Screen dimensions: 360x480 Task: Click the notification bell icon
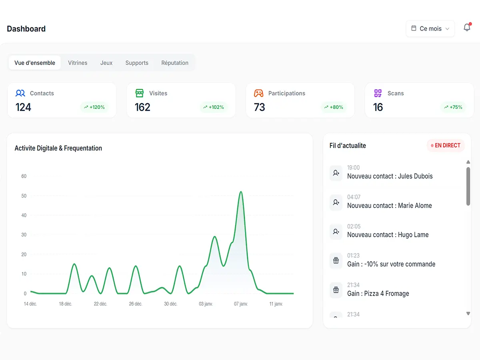pos(467,28)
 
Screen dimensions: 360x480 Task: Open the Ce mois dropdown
pos(430,29)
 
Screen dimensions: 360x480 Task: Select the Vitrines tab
pos(78,63)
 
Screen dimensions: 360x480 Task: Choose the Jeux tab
pos(106,63)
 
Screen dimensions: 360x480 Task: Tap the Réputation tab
pos(175,63)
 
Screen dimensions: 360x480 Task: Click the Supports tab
pos(137,63)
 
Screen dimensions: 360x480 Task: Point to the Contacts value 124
pos(23,107)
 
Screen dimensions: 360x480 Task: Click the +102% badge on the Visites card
pos(214,107)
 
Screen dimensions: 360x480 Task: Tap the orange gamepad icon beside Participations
pos(259,93)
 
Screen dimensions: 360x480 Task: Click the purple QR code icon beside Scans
pos(378,93)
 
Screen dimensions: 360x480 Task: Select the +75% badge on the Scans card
pos(453,107)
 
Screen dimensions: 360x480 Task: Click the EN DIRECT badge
pos(446,146)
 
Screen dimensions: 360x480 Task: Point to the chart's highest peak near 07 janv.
pos(241,192)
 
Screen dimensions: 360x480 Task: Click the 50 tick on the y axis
pos(24,196)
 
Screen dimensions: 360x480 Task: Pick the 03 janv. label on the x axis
pos(206,304)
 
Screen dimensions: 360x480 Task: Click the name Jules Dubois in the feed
pos(415,176)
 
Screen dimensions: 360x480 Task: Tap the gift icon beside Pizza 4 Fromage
pos(336,290)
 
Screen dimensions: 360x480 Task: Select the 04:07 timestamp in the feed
pos(354,197)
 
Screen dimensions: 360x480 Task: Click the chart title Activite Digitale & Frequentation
pos(58,148)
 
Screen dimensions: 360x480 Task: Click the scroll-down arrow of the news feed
pos(468,314)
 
